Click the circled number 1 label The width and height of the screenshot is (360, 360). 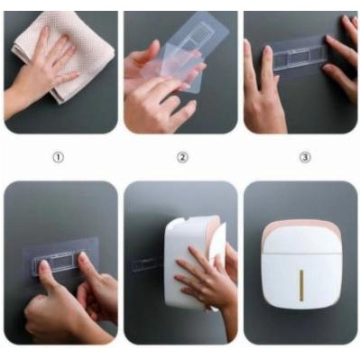coord(59,157)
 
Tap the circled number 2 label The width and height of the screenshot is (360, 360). coord(181,157)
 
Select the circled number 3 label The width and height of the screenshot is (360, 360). coord(304,157)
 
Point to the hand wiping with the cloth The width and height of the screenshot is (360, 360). coord(50,69)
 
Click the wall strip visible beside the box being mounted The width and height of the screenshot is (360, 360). coord(147,267)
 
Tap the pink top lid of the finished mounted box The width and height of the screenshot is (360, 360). coord(302,218)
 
